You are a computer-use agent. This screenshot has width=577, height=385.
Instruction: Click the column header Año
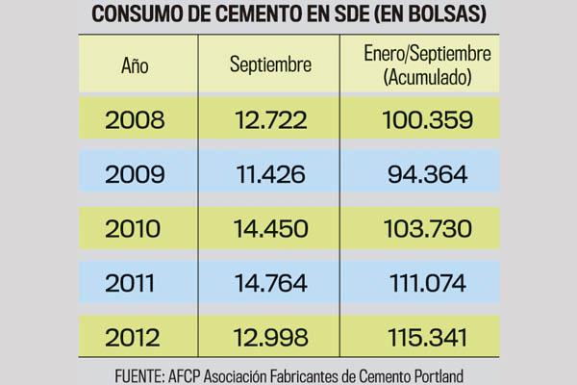(x=135, y=66)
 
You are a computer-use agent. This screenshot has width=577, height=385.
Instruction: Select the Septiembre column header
(x=270, y=66)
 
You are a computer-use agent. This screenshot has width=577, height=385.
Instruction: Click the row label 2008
(x=135, y=121)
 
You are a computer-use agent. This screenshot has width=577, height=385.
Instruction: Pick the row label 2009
(x=135, y=175)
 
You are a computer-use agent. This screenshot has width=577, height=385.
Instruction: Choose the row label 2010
(x=135, y=229)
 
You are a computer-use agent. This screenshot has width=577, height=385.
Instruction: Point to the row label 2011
(x=135, y=284)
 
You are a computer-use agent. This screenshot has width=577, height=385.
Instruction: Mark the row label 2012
(x=135, y=339)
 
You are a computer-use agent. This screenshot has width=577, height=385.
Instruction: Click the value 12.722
(x=270, y=121)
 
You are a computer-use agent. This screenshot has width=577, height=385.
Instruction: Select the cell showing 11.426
(x=270, y=175)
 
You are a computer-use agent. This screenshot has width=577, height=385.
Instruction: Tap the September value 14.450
(x=270, y=229)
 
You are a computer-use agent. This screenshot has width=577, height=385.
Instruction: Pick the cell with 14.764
(x=270, y=284)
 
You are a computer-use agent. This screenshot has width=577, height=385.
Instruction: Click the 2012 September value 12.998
(x=270, y=339)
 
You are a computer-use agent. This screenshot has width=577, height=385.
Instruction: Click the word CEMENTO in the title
(x=266, y=15)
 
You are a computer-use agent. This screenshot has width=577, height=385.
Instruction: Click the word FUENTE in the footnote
(x=134, y=372)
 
